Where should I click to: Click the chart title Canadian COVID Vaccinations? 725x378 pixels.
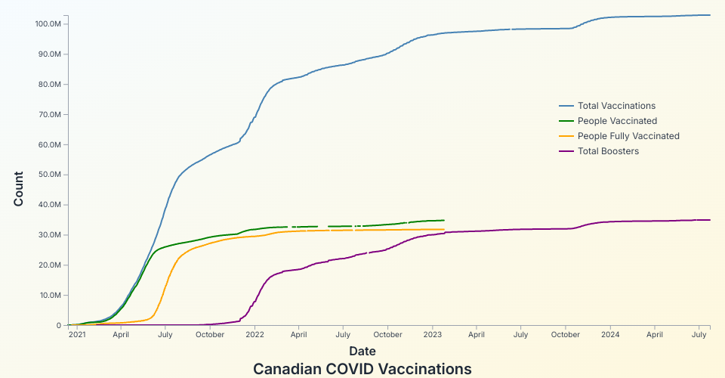[x=362, y=369]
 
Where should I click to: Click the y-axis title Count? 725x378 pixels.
[x=19, y=189]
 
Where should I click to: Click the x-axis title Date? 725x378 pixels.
[x=362, y=351]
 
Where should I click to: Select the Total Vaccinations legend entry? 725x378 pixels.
[x=616, y=106]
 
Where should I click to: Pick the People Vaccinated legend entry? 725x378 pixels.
[x=617, y=121]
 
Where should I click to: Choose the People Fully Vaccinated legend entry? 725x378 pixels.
[x=628, y=136]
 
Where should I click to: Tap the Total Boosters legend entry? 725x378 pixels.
[x=608, y=151]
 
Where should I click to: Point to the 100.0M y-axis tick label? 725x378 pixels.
[x=48, y=24]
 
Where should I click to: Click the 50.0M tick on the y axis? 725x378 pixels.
[x=50, y=175]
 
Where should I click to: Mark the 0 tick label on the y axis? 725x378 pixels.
[x=58, y=326]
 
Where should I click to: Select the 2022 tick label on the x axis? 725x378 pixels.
[x=255, y=333]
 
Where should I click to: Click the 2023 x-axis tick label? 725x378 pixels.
[x=433, y=333]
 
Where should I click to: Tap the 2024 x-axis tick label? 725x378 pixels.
[x=610, y=333]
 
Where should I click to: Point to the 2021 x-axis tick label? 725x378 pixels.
[x=77, y=333]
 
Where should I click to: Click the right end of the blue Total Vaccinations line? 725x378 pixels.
[x=710, y=15]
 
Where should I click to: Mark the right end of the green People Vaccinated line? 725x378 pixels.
[x=444, y=220]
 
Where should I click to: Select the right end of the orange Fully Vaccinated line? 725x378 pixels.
[x=444, y=229]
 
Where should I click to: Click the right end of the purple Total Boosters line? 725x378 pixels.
[x=710, y=220]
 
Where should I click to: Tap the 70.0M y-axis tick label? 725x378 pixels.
[x=50, y=115]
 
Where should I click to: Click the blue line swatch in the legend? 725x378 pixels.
[x=566, y=106]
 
